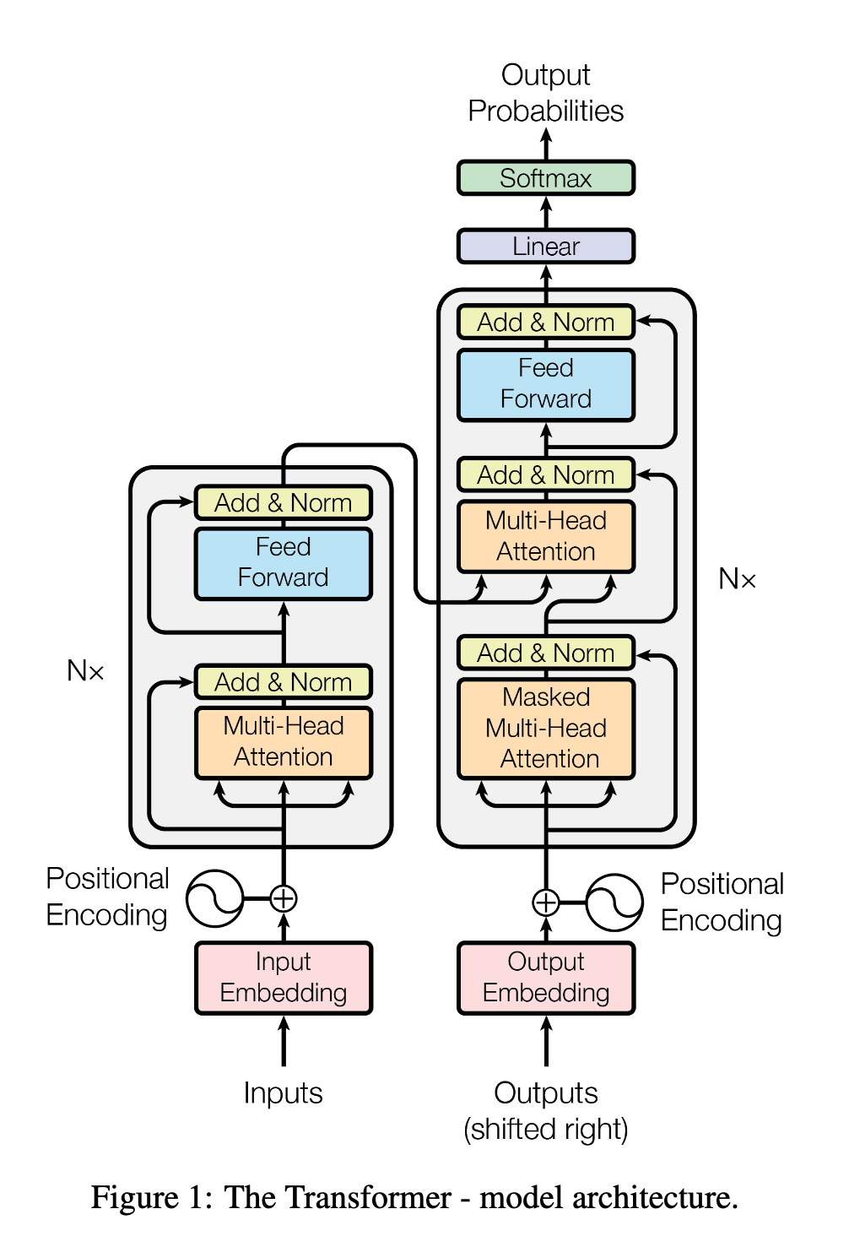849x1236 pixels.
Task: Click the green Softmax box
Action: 545,178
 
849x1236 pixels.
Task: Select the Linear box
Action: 545,247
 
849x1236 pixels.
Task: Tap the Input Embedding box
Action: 284,978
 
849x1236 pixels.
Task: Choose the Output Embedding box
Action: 545,978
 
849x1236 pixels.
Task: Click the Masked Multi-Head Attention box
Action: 545,728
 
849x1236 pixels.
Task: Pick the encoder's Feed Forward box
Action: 284,563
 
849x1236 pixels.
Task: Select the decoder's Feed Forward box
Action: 545,384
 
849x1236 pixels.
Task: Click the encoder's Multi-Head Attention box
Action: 284,741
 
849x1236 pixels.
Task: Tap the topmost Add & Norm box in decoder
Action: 545,323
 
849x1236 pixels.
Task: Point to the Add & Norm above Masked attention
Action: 545,653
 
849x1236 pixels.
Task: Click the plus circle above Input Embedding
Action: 284,898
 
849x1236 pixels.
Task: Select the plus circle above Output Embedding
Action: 546,903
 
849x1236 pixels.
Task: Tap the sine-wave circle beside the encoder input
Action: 215,898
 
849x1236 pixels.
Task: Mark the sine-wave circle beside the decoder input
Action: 614,903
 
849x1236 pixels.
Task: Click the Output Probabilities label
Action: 545,93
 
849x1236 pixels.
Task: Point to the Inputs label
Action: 284,1093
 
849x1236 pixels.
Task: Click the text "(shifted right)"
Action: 545,1130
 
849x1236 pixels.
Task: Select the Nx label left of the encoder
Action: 85,671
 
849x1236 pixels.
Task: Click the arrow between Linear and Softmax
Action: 546,212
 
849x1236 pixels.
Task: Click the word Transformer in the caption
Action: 338,1198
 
